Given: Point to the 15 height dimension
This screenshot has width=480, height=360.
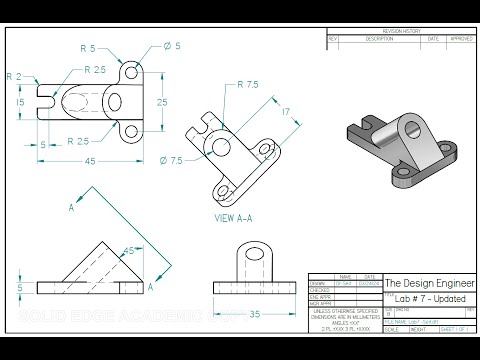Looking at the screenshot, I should (20, 102).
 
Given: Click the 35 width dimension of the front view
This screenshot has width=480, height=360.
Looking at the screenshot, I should (253, 313).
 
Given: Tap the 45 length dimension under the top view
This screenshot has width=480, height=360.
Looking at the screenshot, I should (90, 161).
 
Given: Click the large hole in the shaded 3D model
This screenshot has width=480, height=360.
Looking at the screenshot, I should (408, 127).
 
